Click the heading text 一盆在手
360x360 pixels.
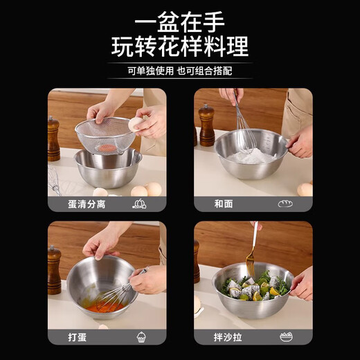[180, 19]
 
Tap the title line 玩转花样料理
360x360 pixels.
[180, 46]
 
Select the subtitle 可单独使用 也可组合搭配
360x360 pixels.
[180, 71]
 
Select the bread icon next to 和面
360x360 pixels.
[285, 204]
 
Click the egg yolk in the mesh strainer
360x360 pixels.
[107, 147]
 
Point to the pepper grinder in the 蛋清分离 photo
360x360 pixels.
[53, 138]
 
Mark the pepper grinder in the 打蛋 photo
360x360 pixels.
[54, 270]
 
